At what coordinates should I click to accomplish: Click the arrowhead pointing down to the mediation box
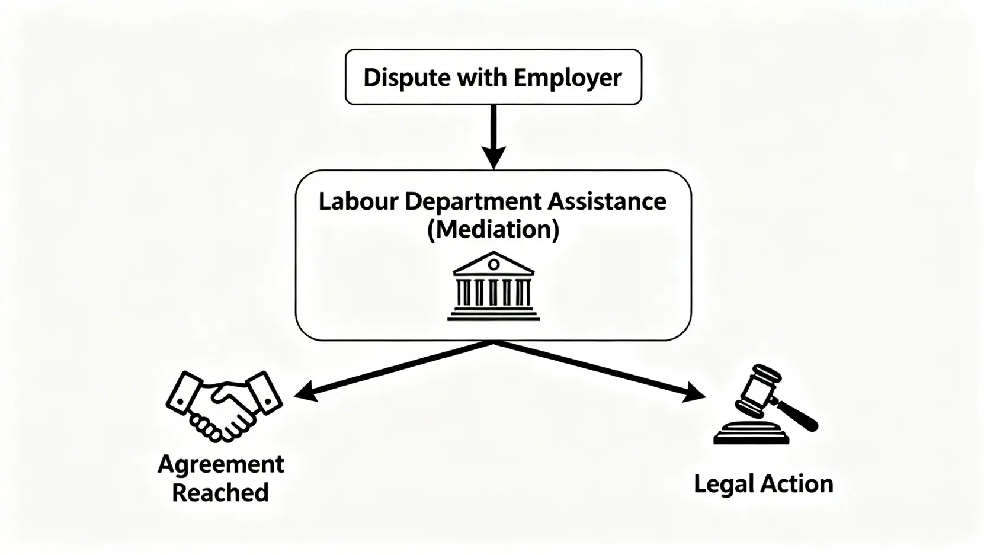[x=493, y=157]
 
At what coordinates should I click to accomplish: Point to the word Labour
[x=358, y=201]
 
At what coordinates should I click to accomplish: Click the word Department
[x=473, y=201]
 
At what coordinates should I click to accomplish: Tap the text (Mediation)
[x=493, y=229]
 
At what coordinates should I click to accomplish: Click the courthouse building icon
[x=493, y=287]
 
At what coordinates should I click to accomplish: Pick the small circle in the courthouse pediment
[x=493, y=265]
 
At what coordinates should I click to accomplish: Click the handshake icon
[x=223, y=406]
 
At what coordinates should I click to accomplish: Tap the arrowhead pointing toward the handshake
[x=305, y=392]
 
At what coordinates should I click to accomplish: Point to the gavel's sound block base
[x=751, y=433]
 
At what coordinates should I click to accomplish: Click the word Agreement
[x=221, y=464]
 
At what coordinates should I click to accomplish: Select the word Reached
[x=220, y=492]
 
